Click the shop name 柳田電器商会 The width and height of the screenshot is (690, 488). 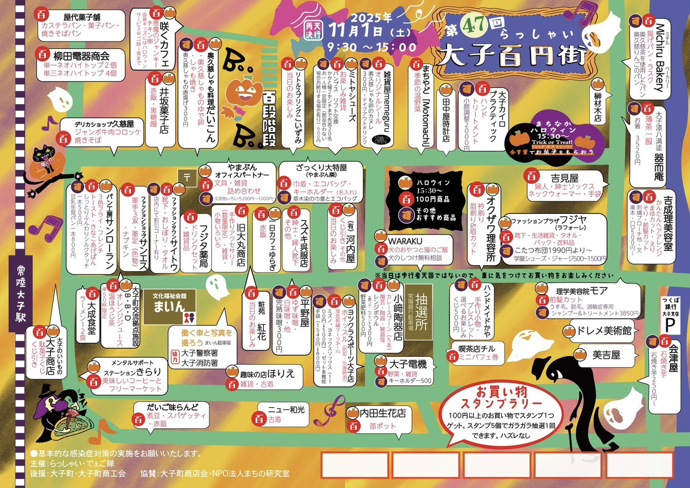coord(81,56)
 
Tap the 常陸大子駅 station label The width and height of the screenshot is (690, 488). coord(20,293)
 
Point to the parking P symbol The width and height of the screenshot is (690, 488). coord(670,324)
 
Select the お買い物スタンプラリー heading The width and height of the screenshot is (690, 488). coord(502,398)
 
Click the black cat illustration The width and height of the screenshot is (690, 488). coord(46,166)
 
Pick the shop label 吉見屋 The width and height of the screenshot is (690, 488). coord(564,178)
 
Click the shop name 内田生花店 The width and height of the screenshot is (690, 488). coord(383,413)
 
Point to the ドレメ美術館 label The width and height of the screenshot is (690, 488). coord(604,331)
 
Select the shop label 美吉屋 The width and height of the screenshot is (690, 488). coord(606,355)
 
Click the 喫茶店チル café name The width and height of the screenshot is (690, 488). coord(477,348)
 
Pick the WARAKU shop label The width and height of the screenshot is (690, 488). coord(405,240)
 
